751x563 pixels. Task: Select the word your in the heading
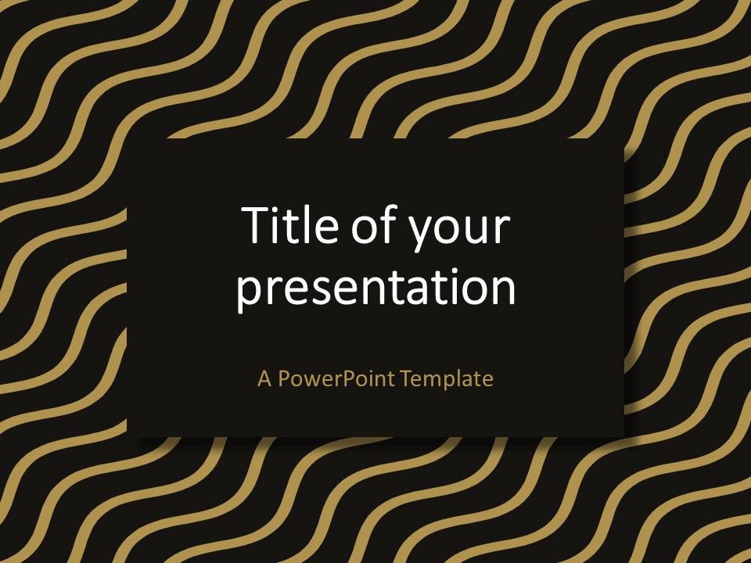tap(462, 231)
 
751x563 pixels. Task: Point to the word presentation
tap(376, 289)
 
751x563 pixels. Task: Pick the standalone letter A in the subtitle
tap(264, 379)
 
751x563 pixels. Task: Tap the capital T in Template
tap(406, 379)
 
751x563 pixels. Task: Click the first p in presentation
tap(250, 292)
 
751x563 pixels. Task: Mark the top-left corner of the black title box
tap(128, 139)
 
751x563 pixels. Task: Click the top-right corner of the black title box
tap(623, 139)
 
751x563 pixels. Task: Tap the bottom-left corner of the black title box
tap(128, 436)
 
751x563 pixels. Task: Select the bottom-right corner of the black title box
tap(623, 436)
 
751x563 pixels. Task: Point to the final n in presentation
tap(503, 289)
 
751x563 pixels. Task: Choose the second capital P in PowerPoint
tap(347, 379)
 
